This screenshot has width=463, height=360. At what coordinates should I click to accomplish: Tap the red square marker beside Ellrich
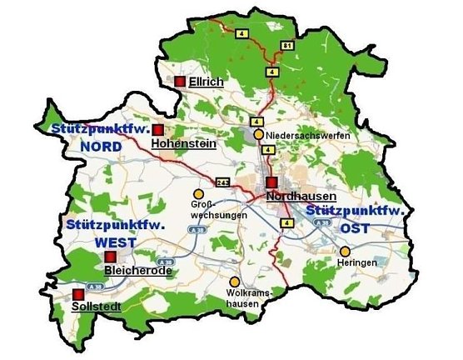pos(179,81)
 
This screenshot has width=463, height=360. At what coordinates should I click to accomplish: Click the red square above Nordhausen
pos(271,182)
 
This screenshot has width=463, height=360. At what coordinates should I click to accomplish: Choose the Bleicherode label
pos(138,271)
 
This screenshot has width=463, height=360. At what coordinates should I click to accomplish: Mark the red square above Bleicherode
pos(109,256)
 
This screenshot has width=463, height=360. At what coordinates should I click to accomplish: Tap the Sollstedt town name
pos(97,307)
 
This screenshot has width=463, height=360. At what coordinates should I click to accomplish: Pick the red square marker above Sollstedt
pos(79,293)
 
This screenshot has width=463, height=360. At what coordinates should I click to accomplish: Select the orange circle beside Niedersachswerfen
pos(259,134)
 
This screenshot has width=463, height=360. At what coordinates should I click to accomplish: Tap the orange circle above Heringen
pos(345,251)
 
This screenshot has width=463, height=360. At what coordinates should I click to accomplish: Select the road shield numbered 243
pos(222,182)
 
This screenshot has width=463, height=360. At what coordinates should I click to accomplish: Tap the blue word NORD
pos(101,146)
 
